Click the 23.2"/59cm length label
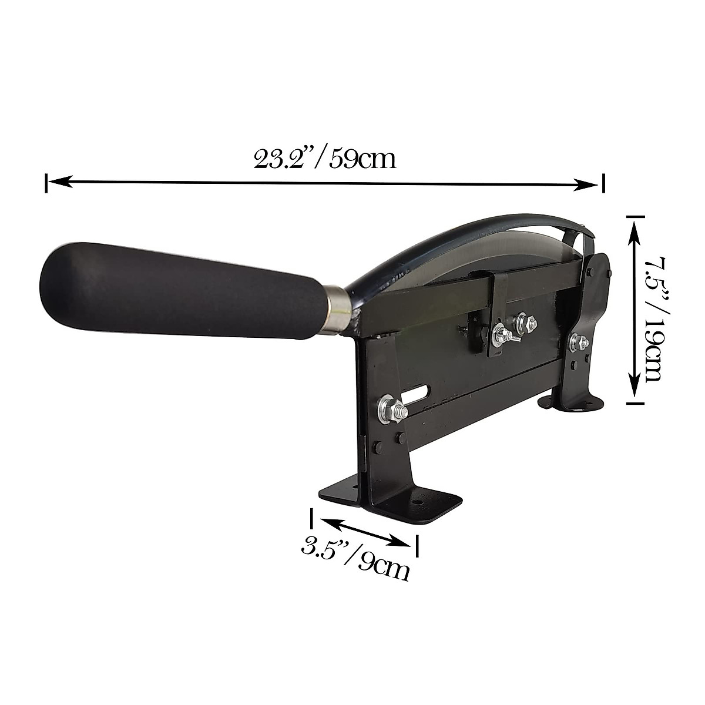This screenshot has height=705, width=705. pyautogui.click(x=324, y=159)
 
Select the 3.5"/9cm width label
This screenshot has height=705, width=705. pyautogui.click(x=355, y=558)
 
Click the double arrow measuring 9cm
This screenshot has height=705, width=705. pyautogui.click(x=364, y=530)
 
